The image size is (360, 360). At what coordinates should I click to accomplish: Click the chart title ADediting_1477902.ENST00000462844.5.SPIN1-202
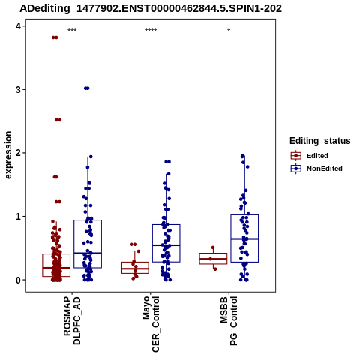tap(151, 9)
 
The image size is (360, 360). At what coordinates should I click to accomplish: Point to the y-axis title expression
tap(8, 155)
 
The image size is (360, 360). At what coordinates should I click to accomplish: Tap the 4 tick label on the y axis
tap(19, 26)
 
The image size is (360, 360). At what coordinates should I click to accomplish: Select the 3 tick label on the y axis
tap(19, 89)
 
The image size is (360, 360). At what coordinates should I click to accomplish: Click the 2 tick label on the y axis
tap(19, 153)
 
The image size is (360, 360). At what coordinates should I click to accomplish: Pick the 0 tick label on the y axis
tap(19, 280)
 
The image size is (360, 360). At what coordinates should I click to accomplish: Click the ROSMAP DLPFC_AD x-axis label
tap(72, 321)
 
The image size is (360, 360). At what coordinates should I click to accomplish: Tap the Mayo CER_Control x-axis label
tap(151, 324)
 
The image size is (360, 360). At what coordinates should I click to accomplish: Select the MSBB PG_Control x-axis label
tap(229, 321)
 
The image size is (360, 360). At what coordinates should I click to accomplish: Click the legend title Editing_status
tap(320, 141)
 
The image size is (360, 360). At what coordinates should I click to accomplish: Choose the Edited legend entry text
tap(317, 156)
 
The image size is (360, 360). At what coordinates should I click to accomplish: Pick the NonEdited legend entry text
tap(325, 169)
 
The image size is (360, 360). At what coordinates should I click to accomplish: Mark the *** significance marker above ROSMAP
tap(72, 31)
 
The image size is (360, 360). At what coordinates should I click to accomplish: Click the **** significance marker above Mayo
tap(151, 31)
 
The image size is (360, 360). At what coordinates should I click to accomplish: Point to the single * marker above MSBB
tap(229, 31)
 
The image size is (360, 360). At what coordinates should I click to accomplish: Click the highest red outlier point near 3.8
tap(55, 37)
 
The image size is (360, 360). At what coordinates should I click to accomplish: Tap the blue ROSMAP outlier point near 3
tap(87, 88)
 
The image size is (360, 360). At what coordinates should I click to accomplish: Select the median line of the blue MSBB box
tap(244, 239)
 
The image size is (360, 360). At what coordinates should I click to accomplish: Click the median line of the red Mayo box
tap(135, 268)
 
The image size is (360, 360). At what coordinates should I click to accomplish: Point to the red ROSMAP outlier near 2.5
tap(58, 120)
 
